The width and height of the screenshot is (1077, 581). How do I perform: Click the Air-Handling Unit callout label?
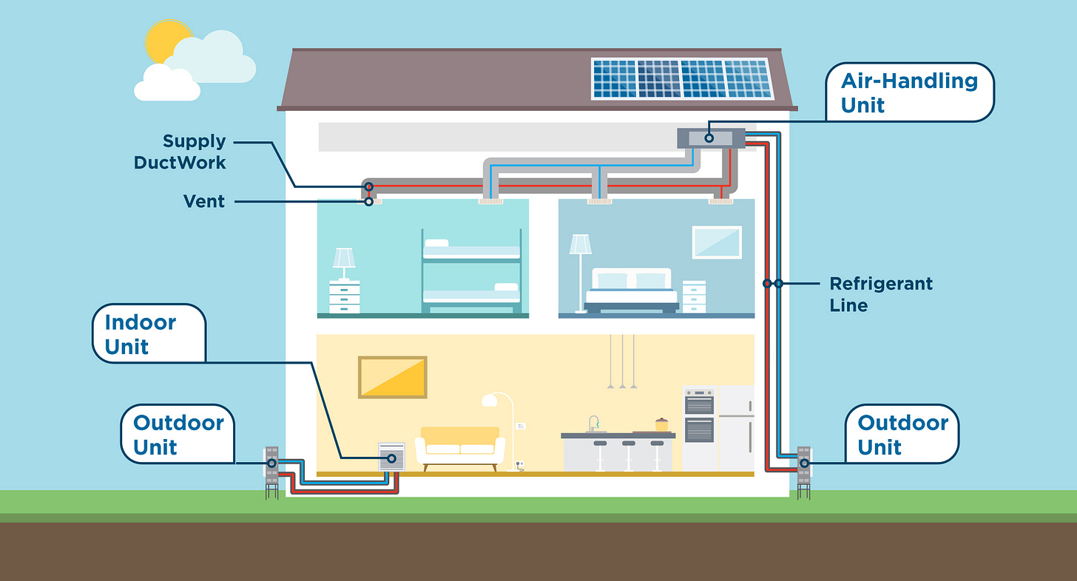[909, 92]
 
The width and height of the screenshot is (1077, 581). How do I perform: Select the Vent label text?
[204, 201]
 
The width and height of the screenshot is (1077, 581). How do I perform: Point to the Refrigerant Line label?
[880, 293]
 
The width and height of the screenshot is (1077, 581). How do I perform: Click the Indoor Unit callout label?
[147, 334]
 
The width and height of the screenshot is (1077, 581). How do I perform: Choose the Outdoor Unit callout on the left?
[178, 435]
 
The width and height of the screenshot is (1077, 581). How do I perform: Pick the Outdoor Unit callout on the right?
[902, 435]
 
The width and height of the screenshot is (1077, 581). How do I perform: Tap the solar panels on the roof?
[681, 78]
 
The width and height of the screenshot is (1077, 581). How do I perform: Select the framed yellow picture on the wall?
[393, 377]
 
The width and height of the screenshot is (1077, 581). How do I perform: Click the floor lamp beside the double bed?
[580, 270]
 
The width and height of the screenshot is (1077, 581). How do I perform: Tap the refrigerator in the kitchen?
[736, 428]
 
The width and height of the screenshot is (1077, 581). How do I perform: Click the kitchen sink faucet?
[592, 424]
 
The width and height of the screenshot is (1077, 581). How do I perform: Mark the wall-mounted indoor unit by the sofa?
[391, 457]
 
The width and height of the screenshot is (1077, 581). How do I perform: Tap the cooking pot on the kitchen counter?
[661, 424]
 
